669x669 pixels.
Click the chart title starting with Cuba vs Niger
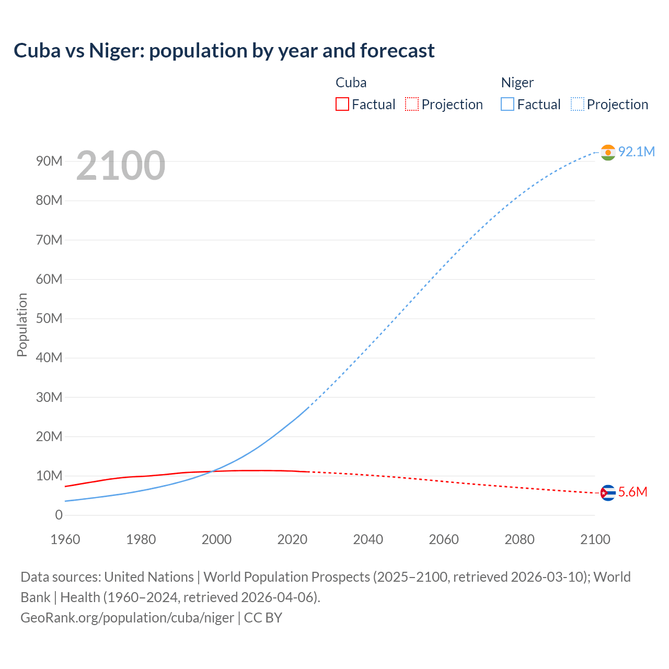tap(224, 51)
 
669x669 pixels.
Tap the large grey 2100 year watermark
tap(121, 166)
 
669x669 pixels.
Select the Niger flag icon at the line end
tap(608, 152)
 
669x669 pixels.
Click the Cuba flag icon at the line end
tap(608, 492)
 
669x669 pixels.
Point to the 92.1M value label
tap(636, 152)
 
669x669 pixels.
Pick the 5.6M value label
tap(632, 492)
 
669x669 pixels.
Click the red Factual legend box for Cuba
tap(342, 105)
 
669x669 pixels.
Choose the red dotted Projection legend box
tap(412, 105)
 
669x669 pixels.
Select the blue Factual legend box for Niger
tap(507, 105)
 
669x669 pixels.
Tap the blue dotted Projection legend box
tap(577, 105)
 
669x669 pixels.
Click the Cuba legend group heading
tap(351, 83)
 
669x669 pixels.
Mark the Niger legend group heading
tap(517, 83)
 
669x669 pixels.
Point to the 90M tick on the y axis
tap(49, 161)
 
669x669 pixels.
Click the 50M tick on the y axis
tap(49, 318)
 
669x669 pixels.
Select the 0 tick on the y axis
tap(59, 515)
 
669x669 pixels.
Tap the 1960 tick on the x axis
tap(65, 539)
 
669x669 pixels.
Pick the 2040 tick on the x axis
tap(368, 539)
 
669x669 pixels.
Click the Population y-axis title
tap(22, 325)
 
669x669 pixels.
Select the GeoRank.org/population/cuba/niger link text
tap(127, 618)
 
